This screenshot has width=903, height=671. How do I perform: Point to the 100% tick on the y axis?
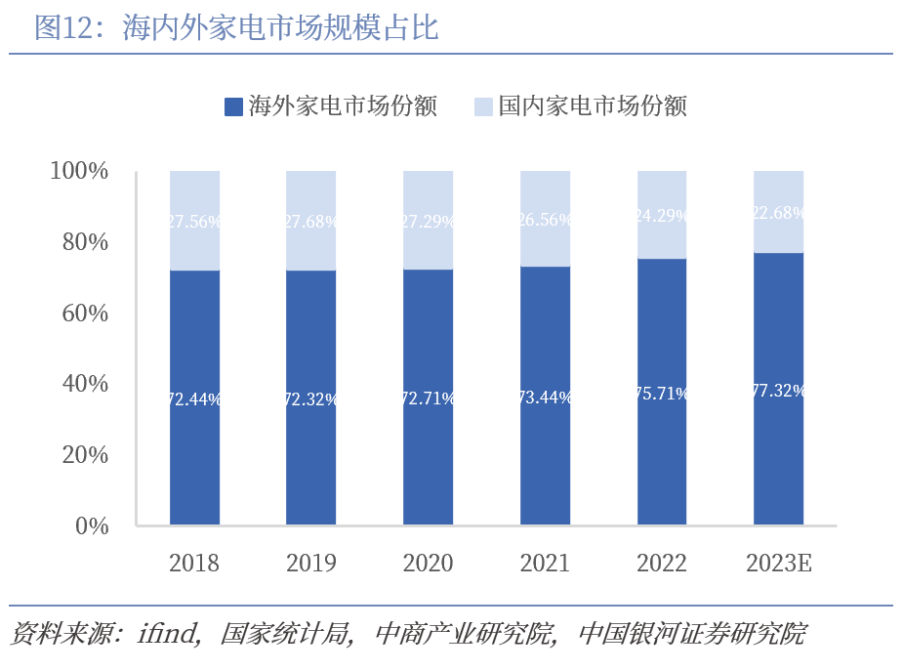coord(79,172)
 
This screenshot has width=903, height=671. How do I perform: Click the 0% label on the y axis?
coord(92,526)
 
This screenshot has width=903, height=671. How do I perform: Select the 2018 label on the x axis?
coord(194,564)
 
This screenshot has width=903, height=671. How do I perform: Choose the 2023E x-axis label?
coord(778,564)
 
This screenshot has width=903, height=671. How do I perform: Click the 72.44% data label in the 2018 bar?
coord(194,398)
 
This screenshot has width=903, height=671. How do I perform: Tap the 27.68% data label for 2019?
coord(311,222)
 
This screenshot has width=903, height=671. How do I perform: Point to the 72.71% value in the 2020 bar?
coord(428,398)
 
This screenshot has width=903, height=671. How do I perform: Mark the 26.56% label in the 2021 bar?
coord(545,220)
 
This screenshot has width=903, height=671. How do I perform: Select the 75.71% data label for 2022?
coord(662,394)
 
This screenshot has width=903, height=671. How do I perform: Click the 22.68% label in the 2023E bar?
coord(778,214)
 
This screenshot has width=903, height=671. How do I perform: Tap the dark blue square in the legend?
coord(232,106)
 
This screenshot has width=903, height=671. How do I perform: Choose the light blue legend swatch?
coord(482,106)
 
